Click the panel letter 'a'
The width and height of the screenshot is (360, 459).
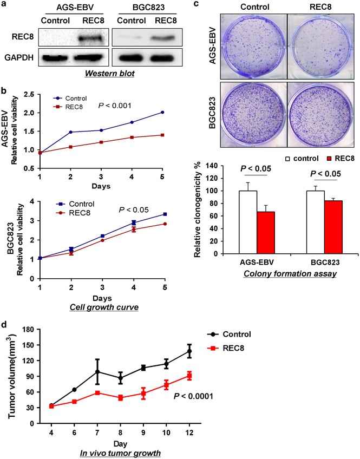[x=5, y=6]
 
